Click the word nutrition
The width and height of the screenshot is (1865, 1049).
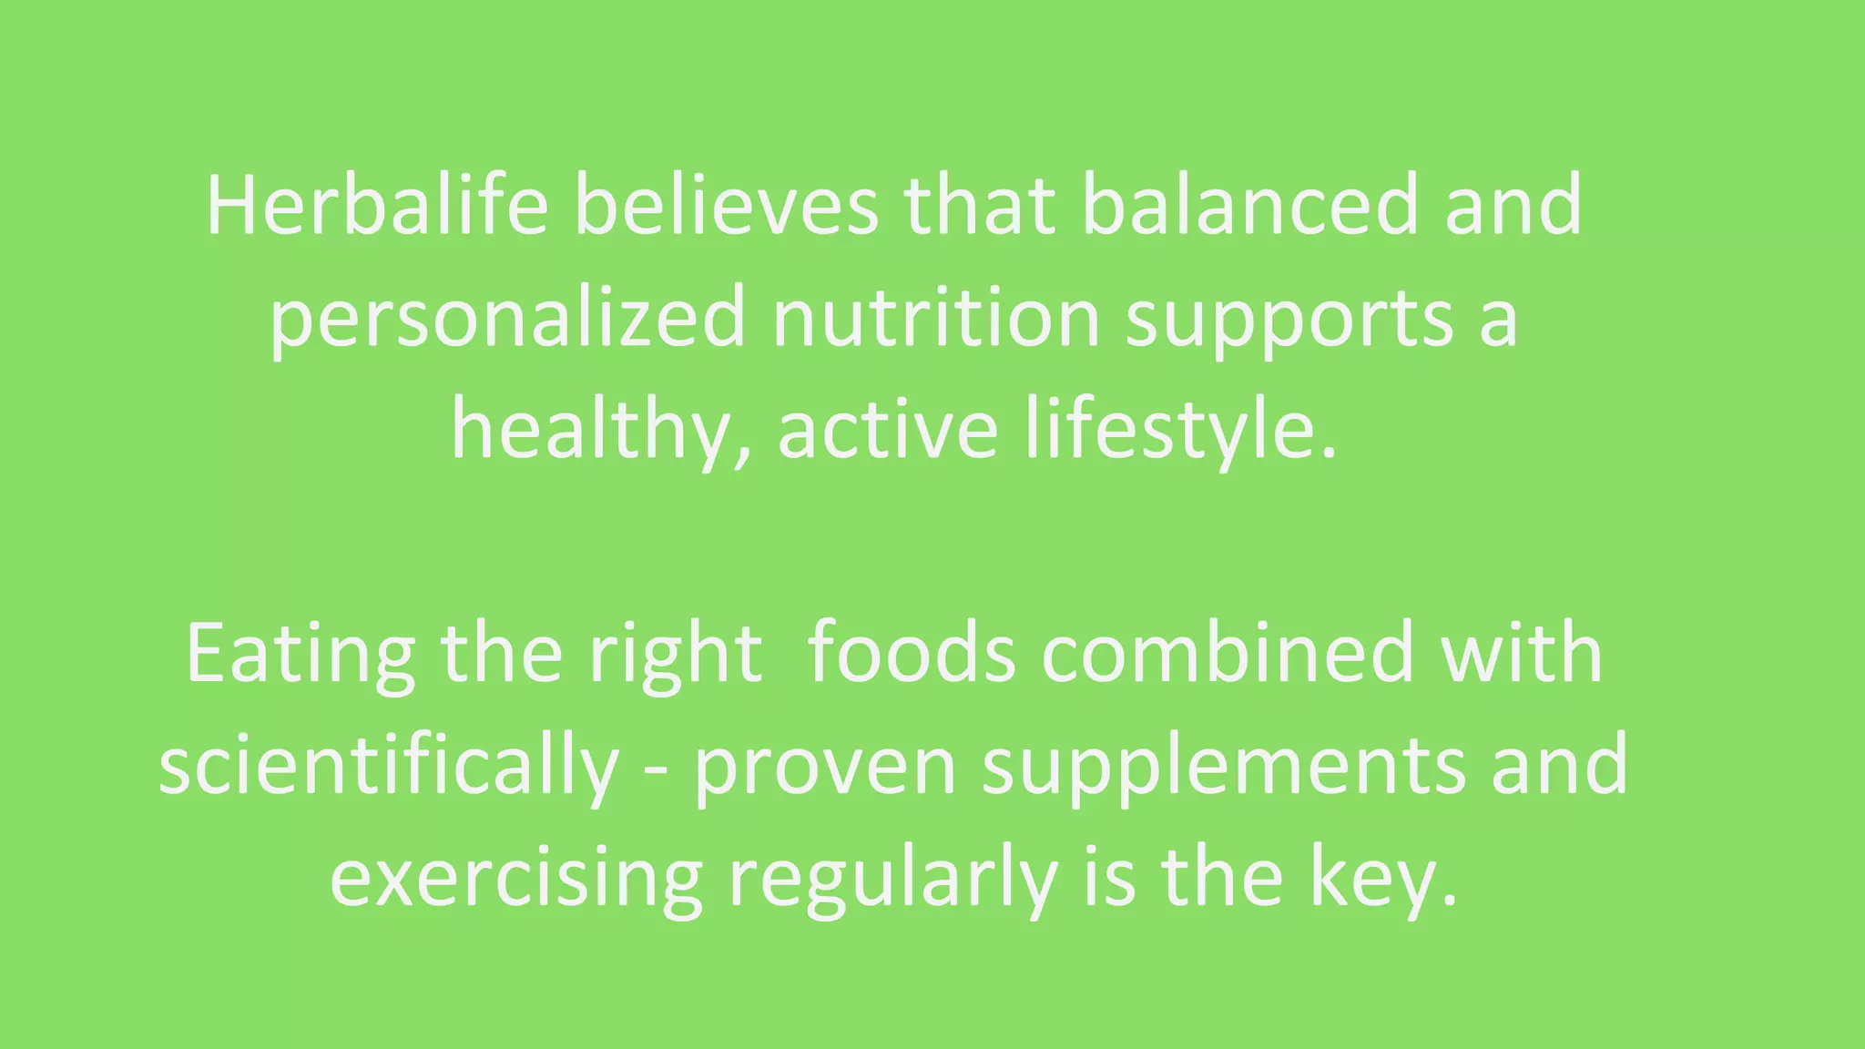point(936,319)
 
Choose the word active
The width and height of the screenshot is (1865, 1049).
point(888,430)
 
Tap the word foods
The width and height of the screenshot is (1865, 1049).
point(912,654)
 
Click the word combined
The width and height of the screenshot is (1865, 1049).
point(1228,654)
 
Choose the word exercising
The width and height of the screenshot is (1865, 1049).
point(516,880)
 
